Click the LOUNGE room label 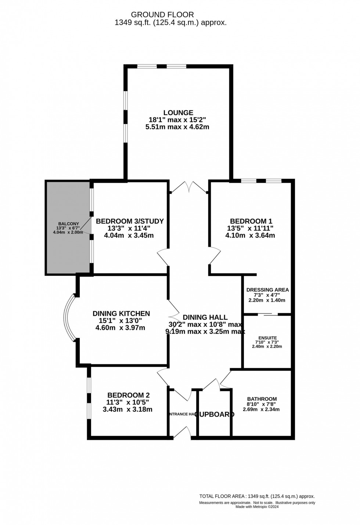pos(179,113)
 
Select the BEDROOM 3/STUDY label pos(129,221)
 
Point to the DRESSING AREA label pos(267,290)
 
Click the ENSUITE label pos(267,338)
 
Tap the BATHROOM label pos(262,399)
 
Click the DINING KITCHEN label pos(121,314)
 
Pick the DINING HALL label pos(205,317)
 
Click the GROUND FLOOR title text pos(162,15)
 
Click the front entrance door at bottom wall pos(182,433)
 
